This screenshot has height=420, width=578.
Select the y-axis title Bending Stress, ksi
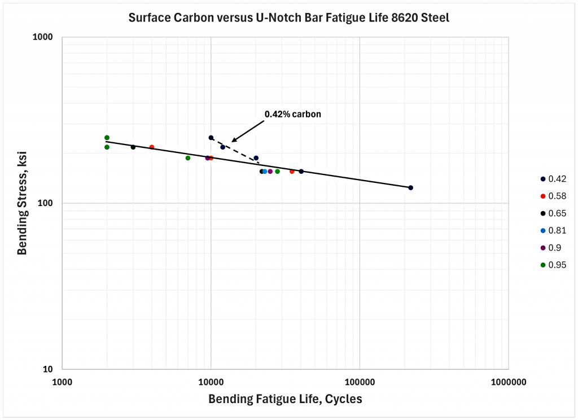click(x=22, y=203)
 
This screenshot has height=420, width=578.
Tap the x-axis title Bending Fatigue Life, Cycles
click(x=285, y=399)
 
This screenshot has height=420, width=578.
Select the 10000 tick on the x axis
click(x=211, y=382)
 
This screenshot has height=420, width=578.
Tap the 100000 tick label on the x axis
click(x=360, y=382)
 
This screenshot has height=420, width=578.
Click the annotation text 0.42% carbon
click(x=293, y=114)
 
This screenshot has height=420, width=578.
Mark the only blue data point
click(x=265, y=171)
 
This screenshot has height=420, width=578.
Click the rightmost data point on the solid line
click(x=410, y=187)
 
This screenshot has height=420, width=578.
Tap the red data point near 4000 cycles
click(x=152, y=147)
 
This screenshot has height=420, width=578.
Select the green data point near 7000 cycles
click(x=187, y=158)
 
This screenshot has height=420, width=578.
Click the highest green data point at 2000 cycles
click(x=107, y=138)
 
